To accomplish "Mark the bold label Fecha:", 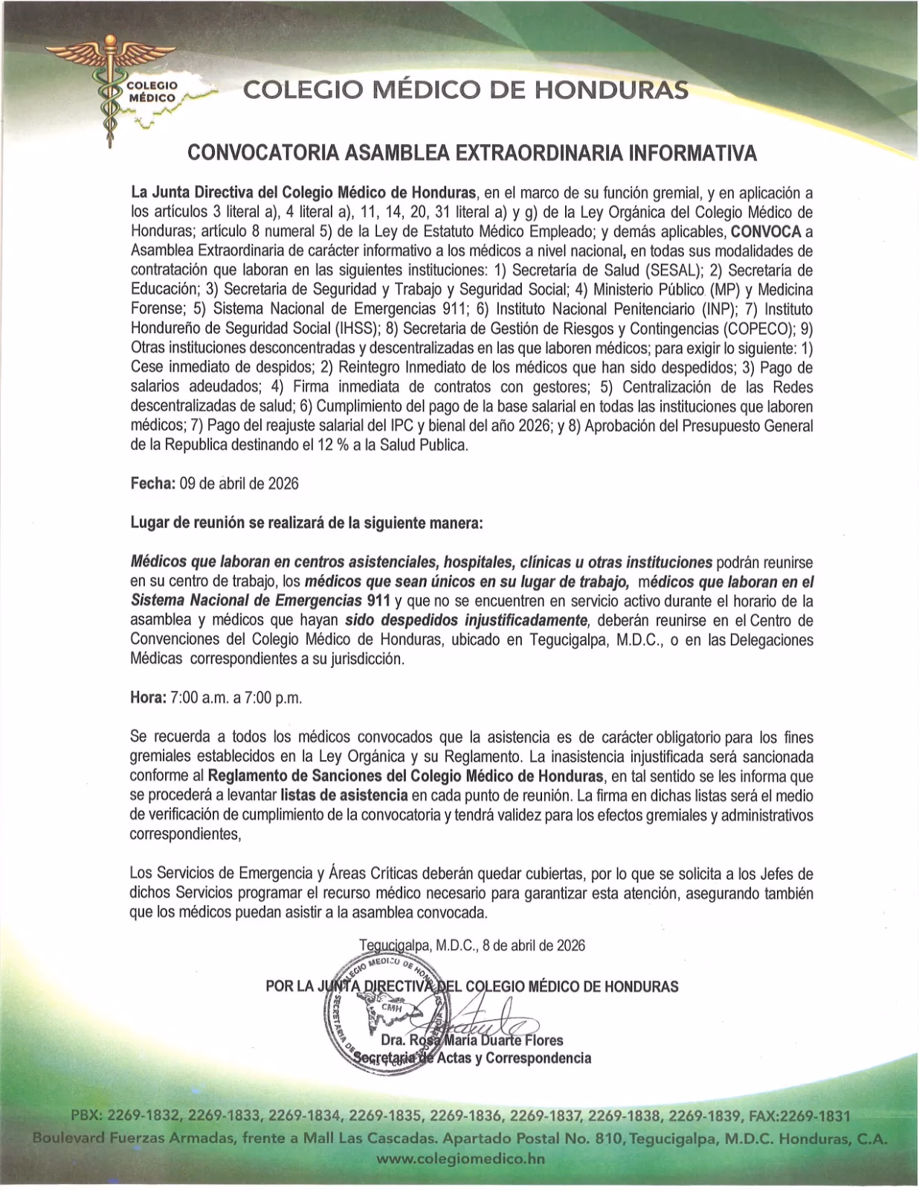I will [153, 483].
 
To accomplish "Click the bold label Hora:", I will [147, 698].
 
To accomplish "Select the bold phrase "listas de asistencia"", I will [344, 795].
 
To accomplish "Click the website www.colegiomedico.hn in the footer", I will [460, 1159].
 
